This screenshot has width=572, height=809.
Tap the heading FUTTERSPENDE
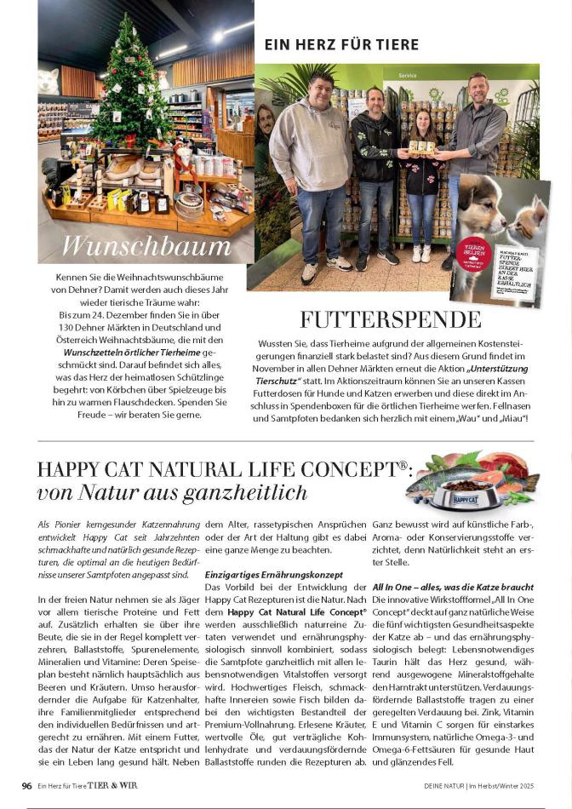point(391,319)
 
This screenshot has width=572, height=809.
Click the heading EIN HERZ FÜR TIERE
point(341,44)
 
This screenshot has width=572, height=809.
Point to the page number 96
point(26,785)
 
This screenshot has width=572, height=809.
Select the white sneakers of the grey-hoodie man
point(309,272)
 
